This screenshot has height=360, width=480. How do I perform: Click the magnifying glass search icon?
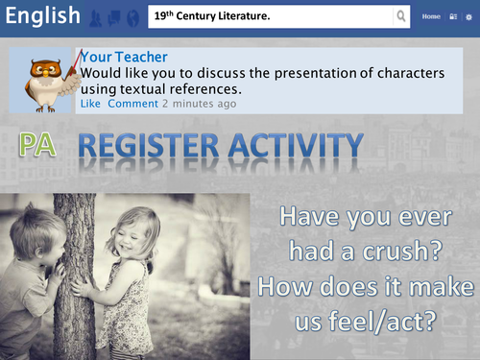(x=401, y=17)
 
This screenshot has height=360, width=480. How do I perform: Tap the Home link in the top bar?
(x=431, y=17)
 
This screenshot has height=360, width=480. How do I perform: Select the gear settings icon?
(x=468, y=17)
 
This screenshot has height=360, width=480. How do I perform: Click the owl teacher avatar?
(x=46, y=78)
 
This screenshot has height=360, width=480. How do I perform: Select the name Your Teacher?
(x=125, y=58)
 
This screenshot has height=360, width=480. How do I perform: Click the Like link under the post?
(x=90, y=103)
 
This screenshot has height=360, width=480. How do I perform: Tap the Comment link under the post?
(x=132, y=103)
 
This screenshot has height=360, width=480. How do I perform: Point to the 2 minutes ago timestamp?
(x=199, y=103)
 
